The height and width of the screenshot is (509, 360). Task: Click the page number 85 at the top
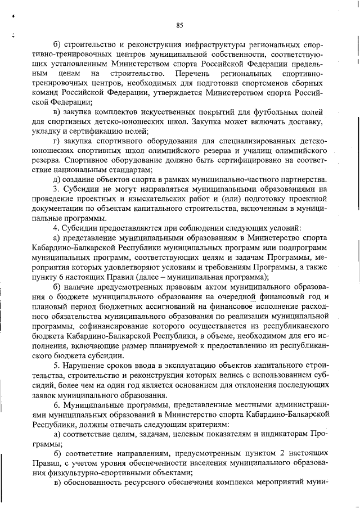click(180, 25)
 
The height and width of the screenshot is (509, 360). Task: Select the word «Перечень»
click(191, 73)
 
